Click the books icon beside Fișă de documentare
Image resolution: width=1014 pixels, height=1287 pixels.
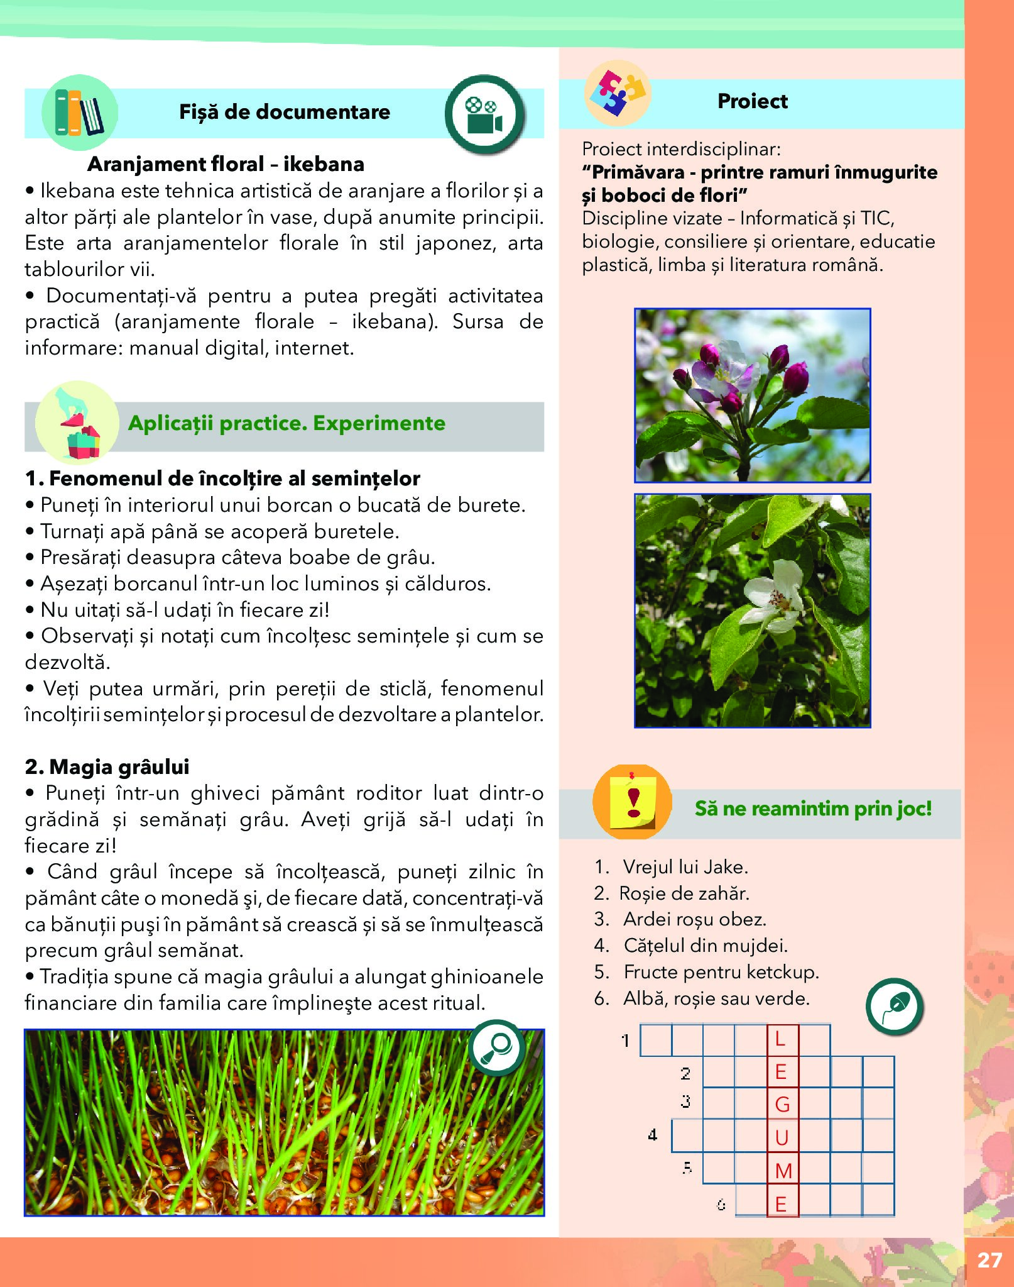[x=79, y=113]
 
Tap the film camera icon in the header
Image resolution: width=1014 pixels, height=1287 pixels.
[x=484, y=114]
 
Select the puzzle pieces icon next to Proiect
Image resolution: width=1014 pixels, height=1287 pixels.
[x=618, y=93]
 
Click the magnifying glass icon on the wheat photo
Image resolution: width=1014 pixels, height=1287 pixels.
[x=497, y=1047]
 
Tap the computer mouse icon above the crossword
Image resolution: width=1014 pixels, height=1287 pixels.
[x=894, y=1007]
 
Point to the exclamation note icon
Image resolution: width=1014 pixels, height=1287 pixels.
[x=633, y=802]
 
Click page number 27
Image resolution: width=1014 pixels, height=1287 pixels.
[x=989, y=1260]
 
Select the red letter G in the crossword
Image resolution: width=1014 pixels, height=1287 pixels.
[x=782, y=1104]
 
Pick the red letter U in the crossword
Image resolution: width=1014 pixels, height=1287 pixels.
[x=782, y=1137]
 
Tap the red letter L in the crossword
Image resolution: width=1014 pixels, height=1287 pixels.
[x=780, y=1039]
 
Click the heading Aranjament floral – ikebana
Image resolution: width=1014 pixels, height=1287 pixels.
[x=226, y=164]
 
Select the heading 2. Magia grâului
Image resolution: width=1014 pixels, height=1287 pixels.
[x=107, y=766]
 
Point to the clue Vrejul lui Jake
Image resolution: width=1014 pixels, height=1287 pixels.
[x=685, y=867]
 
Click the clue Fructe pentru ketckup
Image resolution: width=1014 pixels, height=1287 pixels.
[x=721, y=972]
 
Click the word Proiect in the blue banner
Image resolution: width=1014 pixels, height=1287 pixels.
[x=752, y=101]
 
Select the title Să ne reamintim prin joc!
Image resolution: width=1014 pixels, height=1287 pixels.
[x=813, y=808]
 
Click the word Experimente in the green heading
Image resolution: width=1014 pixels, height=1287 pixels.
[x=379, y=423]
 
